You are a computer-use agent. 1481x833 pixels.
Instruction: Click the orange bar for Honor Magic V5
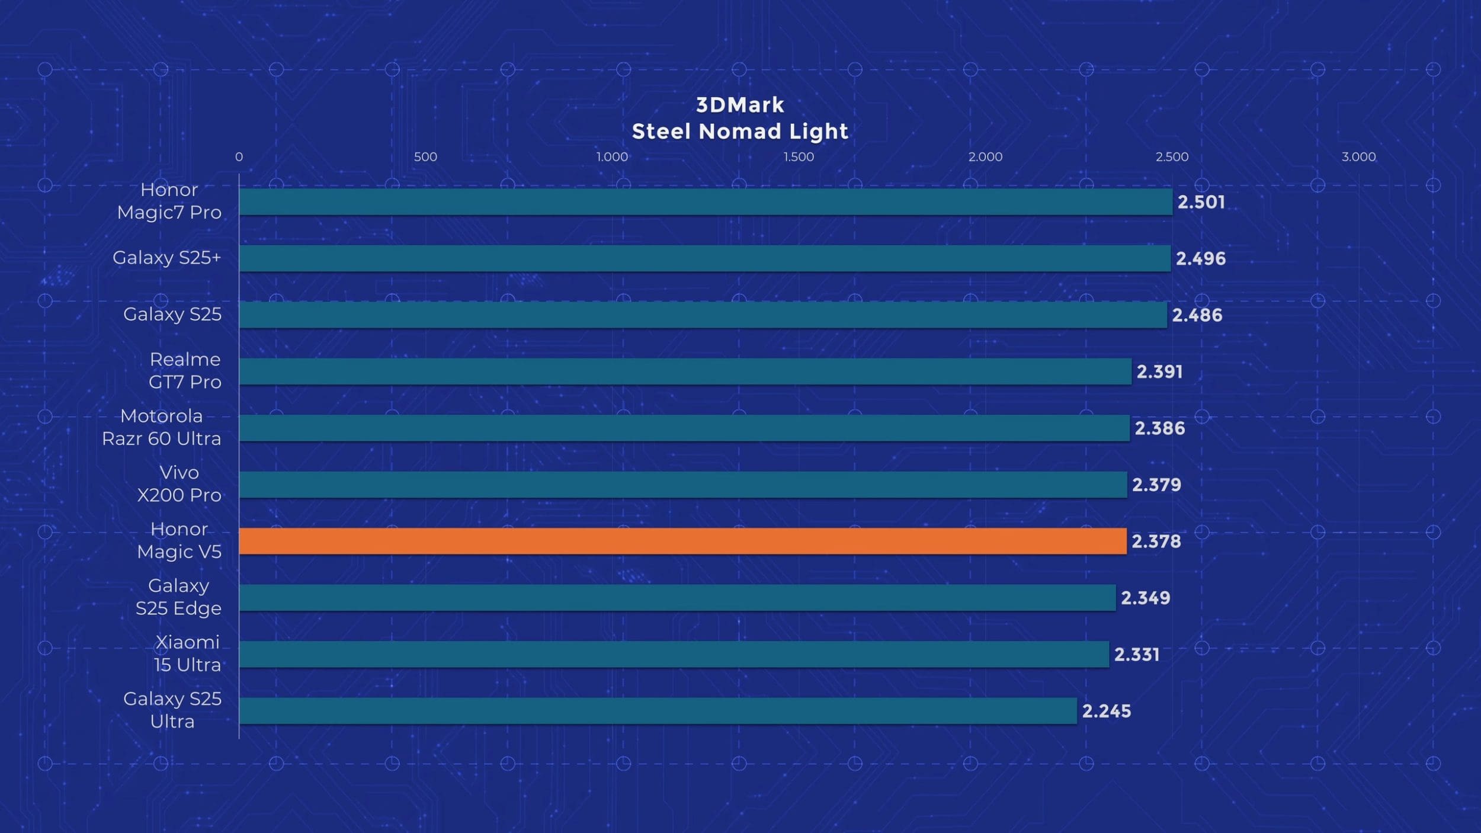[682, 541]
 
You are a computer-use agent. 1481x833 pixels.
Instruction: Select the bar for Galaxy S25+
[705, 258]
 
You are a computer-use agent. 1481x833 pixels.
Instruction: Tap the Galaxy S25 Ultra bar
[658, 710]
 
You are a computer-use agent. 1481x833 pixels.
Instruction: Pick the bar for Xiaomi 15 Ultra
[674, 654]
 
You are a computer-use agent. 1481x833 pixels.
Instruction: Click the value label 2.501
[1201, 202]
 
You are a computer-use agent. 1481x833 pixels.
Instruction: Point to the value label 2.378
[1156, 542]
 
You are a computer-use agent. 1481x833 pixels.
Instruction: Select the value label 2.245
[1106, 711]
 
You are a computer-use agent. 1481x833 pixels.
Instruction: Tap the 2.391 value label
[1159, 371]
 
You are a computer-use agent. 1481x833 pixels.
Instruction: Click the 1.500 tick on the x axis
[799, 157]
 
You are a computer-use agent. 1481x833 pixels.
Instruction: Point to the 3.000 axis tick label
[1358, 157]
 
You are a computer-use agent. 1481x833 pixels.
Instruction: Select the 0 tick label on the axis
[239, 157]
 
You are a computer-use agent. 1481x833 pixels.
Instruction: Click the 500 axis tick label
[425, 157]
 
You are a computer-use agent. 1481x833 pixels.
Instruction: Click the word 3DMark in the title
[740, 105]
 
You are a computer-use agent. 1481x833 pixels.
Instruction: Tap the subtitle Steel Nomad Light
[740, 131]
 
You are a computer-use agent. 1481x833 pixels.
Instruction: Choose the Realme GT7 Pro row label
[185, 370]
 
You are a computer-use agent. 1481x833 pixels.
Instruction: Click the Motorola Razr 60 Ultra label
[161, 427]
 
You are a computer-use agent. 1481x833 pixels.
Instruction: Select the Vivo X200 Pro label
[179, 483]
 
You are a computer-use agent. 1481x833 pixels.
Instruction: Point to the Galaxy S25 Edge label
[178, 597]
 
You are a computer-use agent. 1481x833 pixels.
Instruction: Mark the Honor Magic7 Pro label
[169, 201]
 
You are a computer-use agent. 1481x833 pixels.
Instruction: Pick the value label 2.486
[1197, 315]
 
